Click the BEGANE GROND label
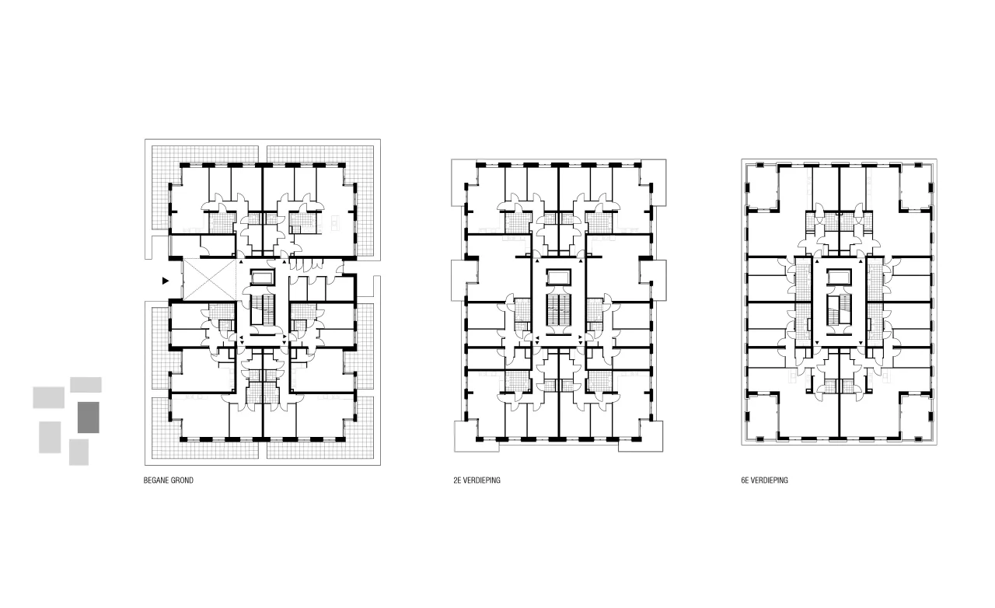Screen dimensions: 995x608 click(x=169, y=480)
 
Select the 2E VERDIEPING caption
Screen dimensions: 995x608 click(x=477, y=480)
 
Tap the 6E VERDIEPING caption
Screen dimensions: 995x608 click(x=764, y=480)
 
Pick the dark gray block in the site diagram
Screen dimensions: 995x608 click(x=89, y=418)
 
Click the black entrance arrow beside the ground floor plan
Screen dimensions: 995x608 click(x=166, y=281)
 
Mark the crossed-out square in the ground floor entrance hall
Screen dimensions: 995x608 click(x=210, y=280)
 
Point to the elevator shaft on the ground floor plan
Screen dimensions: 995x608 click(x=263, y=278)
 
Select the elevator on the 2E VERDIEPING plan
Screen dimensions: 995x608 click(x=558, y=278)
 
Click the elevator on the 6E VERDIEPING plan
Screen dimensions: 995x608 click(x=839, y=278)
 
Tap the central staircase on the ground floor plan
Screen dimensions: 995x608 click(x=263, y=309)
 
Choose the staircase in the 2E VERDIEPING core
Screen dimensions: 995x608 click(x=558, y=309)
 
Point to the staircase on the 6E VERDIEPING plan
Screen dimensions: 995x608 click(x=839, y=309)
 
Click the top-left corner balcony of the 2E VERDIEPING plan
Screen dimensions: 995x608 click(x=464, y=183)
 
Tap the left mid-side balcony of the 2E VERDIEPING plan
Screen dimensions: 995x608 click(x=464, y=281)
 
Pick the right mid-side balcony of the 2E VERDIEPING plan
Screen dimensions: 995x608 click(x=654, y=281)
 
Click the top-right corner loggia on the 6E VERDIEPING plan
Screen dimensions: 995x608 click(x=916, y=187)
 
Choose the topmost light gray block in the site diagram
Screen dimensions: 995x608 click(x=86, y=385)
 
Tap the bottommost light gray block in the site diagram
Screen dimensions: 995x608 click(x=79, y=453)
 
